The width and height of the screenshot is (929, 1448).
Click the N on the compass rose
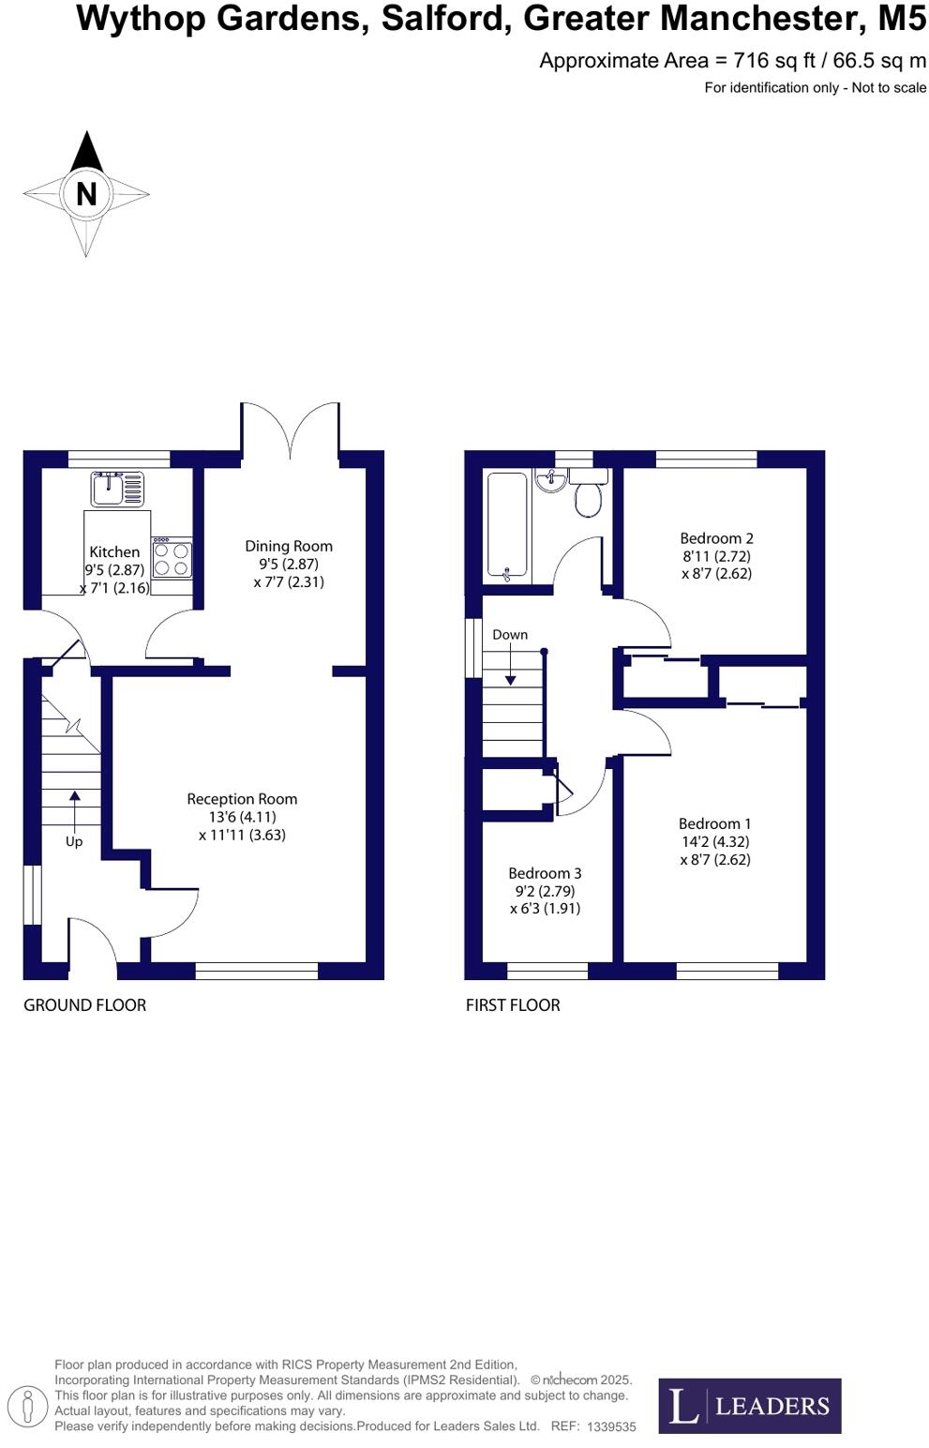[x=86, y=193]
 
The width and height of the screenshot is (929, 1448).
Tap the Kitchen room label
[x=114, y=552]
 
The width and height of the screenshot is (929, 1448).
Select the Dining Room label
[x=289, y=546]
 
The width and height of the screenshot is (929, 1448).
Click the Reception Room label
[x=242, y=799]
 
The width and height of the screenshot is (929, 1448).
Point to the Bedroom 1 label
[x=715, y=824]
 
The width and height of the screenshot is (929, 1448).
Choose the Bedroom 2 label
[x=716, y=538]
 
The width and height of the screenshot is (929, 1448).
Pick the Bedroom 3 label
[x=545, y=873]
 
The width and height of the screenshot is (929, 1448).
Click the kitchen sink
[x=119, y=488]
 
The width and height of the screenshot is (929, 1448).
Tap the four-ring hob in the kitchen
[x=172, y=559]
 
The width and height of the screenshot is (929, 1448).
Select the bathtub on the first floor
[x=507, y=525]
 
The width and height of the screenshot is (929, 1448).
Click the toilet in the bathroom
[x=588, y=496]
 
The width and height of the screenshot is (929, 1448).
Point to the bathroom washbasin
[x=549, y=479]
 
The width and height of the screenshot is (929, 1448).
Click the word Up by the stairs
[x=74, y=842]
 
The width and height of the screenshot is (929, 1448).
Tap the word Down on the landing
[x=510, y=635]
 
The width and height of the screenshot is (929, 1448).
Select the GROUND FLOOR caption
[x=84, y=1005]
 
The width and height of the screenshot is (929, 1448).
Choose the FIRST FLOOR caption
[x=513, y=1005]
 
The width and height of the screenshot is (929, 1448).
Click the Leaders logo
[x=749, y=1406]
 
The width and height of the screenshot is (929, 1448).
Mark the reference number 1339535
[x=611, y=1426]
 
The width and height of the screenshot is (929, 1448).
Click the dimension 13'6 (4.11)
[x=242, y=817]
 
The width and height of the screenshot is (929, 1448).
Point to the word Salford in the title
[x=442, y=18]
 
